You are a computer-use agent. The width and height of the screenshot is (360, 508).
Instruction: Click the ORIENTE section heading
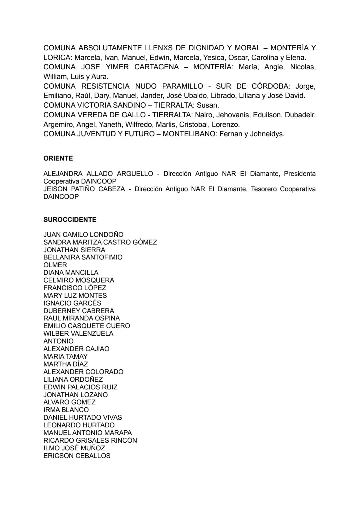(x=58, y=159)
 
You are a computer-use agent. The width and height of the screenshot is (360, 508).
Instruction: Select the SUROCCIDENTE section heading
(x=70, y=220)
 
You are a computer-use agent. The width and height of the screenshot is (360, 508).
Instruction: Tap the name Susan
(x=208, y=105)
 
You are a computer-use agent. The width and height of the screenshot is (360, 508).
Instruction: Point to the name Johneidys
(x=267, y=134)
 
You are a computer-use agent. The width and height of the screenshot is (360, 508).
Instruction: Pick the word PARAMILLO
(x=183, y=86)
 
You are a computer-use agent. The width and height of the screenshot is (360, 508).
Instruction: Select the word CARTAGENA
(x=157, y=67)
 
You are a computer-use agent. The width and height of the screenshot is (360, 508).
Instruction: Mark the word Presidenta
(x=300, y=174)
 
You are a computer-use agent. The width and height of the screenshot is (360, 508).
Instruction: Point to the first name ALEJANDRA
(x=63, y=174)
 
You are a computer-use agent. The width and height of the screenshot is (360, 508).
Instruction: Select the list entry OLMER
(x=55, y=265)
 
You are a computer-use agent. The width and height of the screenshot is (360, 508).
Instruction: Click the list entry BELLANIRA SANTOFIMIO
(x=83, y=257)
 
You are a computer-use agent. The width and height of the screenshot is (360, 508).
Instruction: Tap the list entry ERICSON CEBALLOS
(x=77, y=456)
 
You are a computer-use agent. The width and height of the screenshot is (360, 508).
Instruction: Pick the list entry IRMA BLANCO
(x=66, y=410)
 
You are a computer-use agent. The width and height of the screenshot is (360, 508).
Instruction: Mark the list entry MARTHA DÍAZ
(x=66, y=364)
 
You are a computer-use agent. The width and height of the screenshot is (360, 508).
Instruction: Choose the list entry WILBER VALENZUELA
(x=78, y=333)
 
